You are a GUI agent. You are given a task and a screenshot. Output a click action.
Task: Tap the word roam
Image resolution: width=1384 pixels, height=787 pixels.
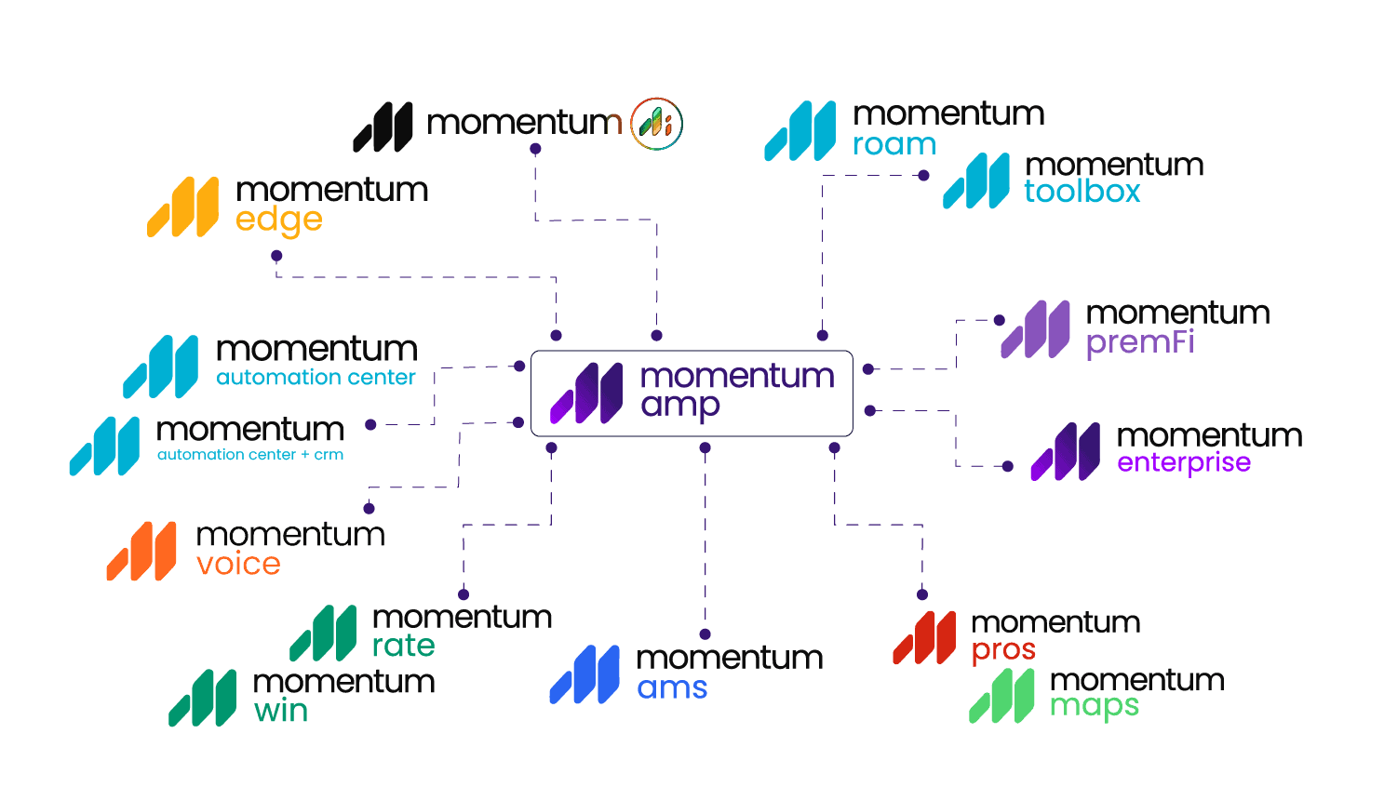(x=894, y=144)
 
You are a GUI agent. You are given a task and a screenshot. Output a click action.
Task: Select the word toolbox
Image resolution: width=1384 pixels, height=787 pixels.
(x=1082, y=191)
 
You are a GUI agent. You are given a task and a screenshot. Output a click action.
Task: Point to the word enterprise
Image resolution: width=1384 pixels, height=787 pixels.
(x=1184, y=462)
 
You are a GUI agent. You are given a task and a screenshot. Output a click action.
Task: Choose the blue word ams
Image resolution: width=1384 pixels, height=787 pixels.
(x=672, y=687)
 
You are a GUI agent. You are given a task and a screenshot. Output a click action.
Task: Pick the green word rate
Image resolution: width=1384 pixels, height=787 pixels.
(x=403, y=645)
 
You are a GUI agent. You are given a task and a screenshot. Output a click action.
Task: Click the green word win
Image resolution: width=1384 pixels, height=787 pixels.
(x=280, y=711)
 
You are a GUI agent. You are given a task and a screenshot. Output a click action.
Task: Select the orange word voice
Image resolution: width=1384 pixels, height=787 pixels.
(x=238, y=564)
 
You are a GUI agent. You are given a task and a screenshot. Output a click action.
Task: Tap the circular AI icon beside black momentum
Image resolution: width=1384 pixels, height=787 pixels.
(x=656, y=124)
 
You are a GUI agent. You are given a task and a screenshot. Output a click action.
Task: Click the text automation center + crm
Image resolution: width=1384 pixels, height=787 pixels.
(x=250, y=455)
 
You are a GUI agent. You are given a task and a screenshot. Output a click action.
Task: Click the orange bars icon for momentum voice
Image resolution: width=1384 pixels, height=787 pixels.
(x=141, y=551)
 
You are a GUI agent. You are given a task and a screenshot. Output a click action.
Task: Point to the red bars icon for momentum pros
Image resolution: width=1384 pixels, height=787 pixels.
(x=924, y=637)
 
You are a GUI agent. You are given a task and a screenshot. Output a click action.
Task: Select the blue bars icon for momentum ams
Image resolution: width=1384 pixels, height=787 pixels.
(x=585, y=674)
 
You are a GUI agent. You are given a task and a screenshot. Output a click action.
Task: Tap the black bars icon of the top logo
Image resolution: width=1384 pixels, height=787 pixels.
(x=383, y=127)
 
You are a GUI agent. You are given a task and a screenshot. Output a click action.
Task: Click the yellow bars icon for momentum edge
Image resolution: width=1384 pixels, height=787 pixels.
(x=182, y=207)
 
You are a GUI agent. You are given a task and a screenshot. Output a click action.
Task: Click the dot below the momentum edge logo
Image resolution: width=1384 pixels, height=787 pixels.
(x=276, y=256)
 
